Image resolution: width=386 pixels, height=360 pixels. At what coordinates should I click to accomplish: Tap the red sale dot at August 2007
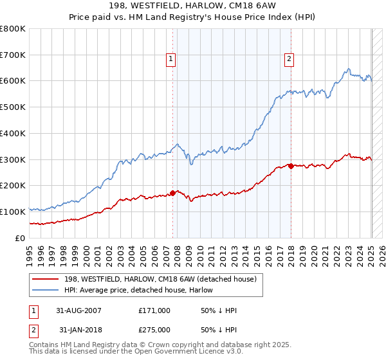[x=173, y=192]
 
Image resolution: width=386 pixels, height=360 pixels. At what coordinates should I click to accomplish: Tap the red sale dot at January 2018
[x=291, y=166]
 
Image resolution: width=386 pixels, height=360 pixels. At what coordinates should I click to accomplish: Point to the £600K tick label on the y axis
[x=13, y=81]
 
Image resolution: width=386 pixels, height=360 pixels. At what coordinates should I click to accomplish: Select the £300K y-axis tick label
[x=13, y=159]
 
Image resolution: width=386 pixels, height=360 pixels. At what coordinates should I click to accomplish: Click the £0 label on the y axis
[x=21, y=238]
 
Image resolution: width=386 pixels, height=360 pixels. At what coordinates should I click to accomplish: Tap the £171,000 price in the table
[x=154, y=310]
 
